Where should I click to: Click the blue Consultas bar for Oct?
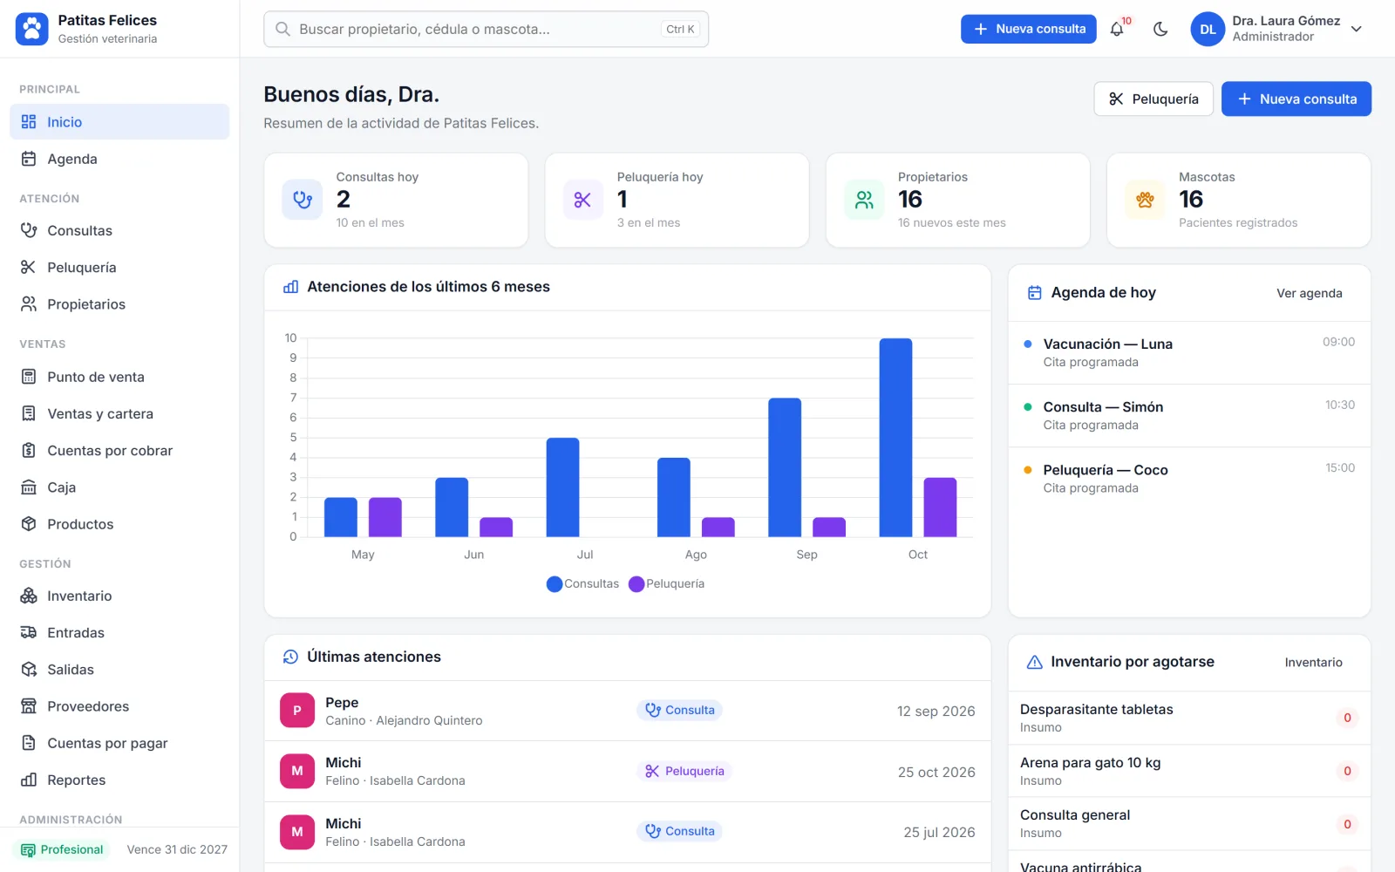coord(895,437)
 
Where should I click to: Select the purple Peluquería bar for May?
coord(384,517)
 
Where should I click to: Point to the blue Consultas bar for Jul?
coord(562,487)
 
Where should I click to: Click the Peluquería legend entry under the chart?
coord(666,583)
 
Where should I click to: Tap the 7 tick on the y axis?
coord(293,398)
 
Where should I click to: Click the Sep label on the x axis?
coord(806,555)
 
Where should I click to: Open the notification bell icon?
coord(1117,29)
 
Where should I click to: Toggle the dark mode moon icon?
coord(1160,29)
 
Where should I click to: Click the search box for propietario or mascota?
coord(486,29)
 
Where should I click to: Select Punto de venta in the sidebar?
coord(95,377)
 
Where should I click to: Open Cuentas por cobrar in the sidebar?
coord(110,450)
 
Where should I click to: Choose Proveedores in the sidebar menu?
coord(88,706)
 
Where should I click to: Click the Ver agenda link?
coord(1309,293)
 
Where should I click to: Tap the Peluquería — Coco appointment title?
coord(1106,470)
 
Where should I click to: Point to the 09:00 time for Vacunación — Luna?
coord(1338,342)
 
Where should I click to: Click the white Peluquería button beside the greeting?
coord(1153,99)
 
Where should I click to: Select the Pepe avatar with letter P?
coord(297,710)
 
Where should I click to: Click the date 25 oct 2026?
coord(936,772)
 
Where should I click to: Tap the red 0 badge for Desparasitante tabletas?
coord(1347,718)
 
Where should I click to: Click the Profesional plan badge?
coord(62,849)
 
